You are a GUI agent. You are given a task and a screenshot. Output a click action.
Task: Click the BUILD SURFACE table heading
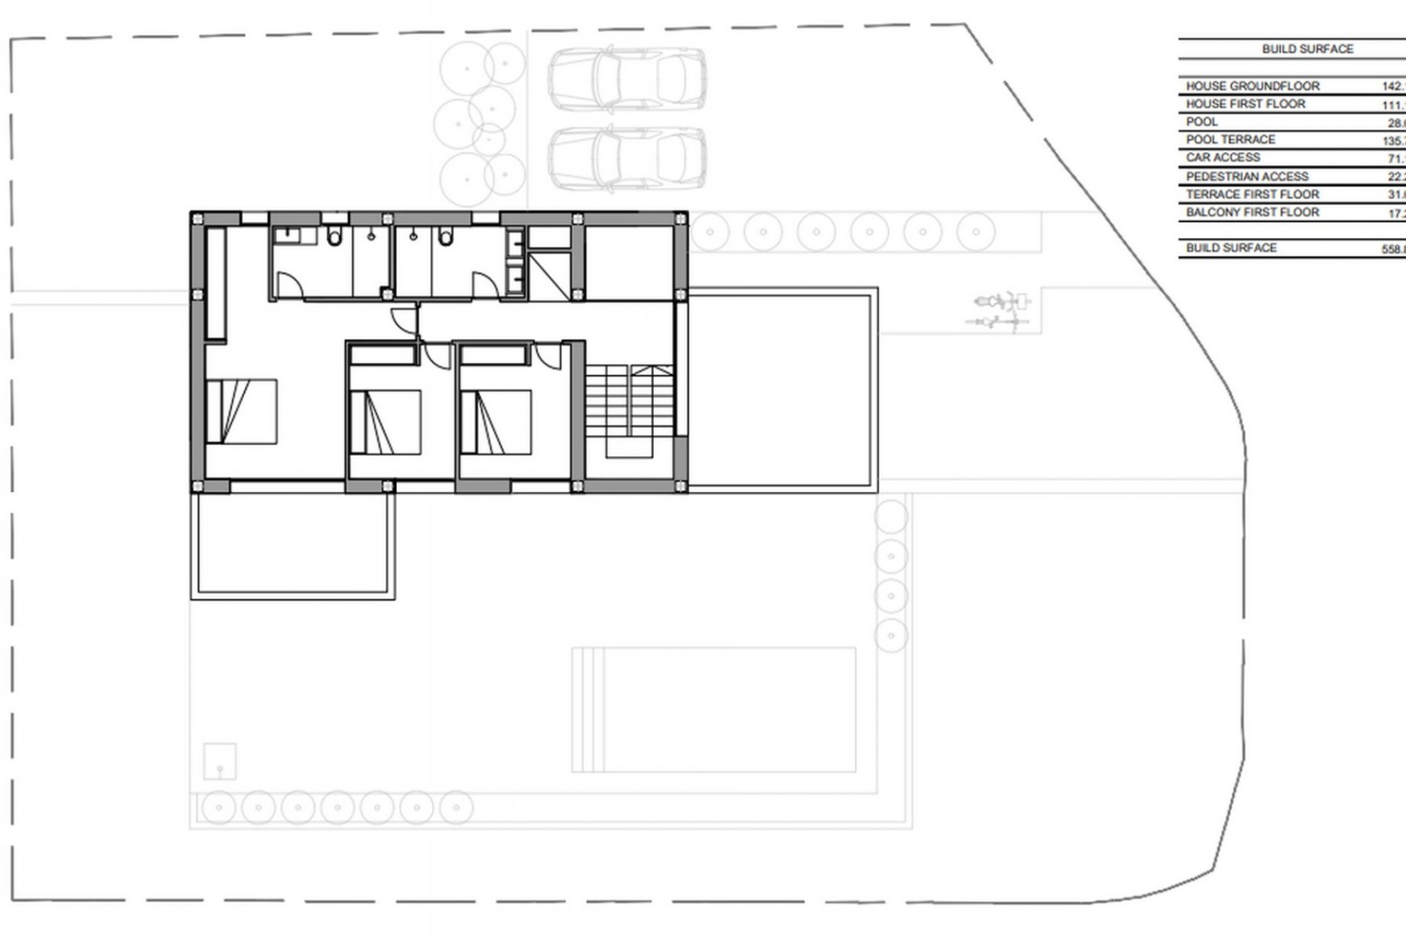(1307, 49)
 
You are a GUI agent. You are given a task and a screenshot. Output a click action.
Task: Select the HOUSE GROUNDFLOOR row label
(1252, 86)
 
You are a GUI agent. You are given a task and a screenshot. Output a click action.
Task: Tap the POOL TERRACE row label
(1230, 139)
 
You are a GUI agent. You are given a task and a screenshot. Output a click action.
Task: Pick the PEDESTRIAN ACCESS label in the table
(1246, 176)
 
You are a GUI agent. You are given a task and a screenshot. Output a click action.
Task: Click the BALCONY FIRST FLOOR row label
(1252, 212)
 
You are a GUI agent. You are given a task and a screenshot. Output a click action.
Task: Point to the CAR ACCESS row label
(1223, 157)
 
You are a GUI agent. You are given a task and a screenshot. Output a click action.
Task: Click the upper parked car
(627, 79)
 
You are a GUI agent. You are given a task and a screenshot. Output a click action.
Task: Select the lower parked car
(627, 158)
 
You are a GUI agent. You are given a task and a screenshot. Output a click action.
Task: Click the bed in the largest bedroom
(242, 411)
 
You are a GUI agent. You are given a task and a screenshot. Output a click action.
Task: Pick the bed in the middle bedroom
(386, 422)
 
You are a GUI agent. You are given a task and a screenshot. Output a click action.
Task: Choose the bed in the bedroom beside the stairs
(496, 422)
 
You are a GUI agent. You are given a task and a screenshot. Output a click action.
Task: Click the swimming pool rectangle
(714, 709)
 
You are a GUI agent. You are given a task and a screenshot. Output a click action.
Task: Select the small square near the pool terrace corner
(220, 761)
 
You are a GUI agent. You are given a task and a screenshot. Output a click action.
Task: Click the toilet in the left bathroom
(335, 236)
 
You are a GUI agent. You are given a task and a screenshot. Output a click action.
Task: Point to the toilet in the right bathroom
(446, 236)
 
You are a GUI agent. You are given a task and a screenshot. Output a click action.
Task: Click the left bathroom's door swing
(288, 285)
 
